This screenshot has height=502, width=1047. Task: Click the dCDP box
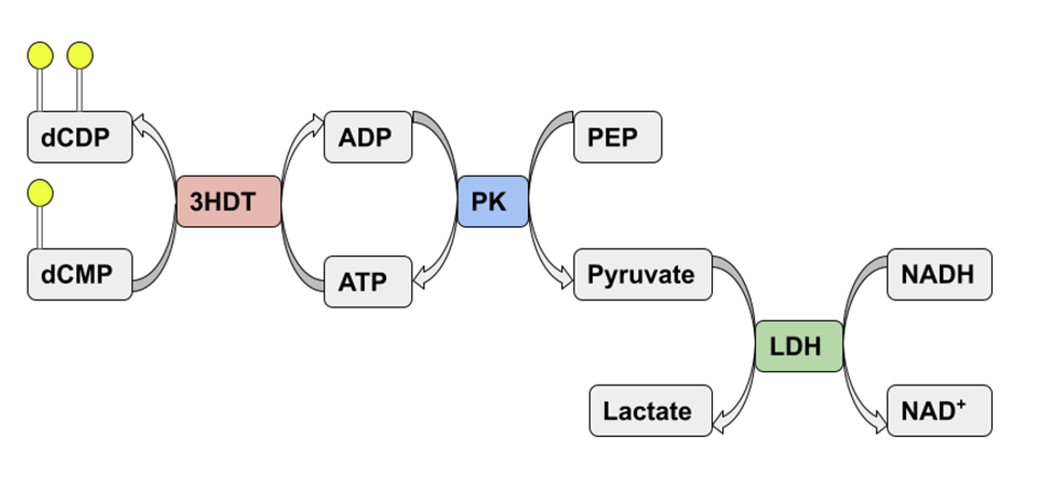tap(80, 137)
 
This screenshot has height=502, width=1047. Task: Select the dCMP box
tap(80, 275)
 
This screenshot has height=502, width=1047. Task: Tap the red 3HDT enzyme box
tap(229, 202)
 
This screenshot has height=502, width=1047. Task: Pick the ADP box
tap(368, 137)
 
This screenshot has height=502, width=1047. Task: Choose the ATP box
tap(368, 282)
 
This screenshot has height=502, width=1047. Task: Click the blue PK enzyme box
tap(492, 202)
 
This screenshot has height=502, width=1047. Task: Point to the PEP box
tap(617, 137)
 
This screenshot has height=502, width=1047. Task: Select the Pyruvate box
tap(642, 275)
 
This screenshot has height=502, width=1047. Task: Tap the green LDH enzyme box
tap(799, 346)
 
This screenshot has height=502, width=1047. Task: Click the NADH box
tap(939, 275)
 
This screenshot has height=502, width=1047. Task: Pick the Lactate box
tap(650, 410)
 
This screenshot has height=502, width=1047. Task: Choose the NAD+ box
tap(939, 410)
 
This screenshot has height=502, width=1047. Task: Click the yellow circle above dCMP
tap(40, 193)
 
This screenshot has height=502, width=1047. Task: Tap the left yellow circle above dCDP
tap(40, 55)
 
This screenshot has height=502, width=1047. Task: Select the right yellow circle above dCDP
tap(80, 55)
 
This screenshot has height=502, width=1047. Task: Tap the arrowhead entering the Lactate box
tap(720, 424)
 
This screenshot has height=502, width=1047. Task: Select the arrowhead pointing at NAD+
tap(879, 425)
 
